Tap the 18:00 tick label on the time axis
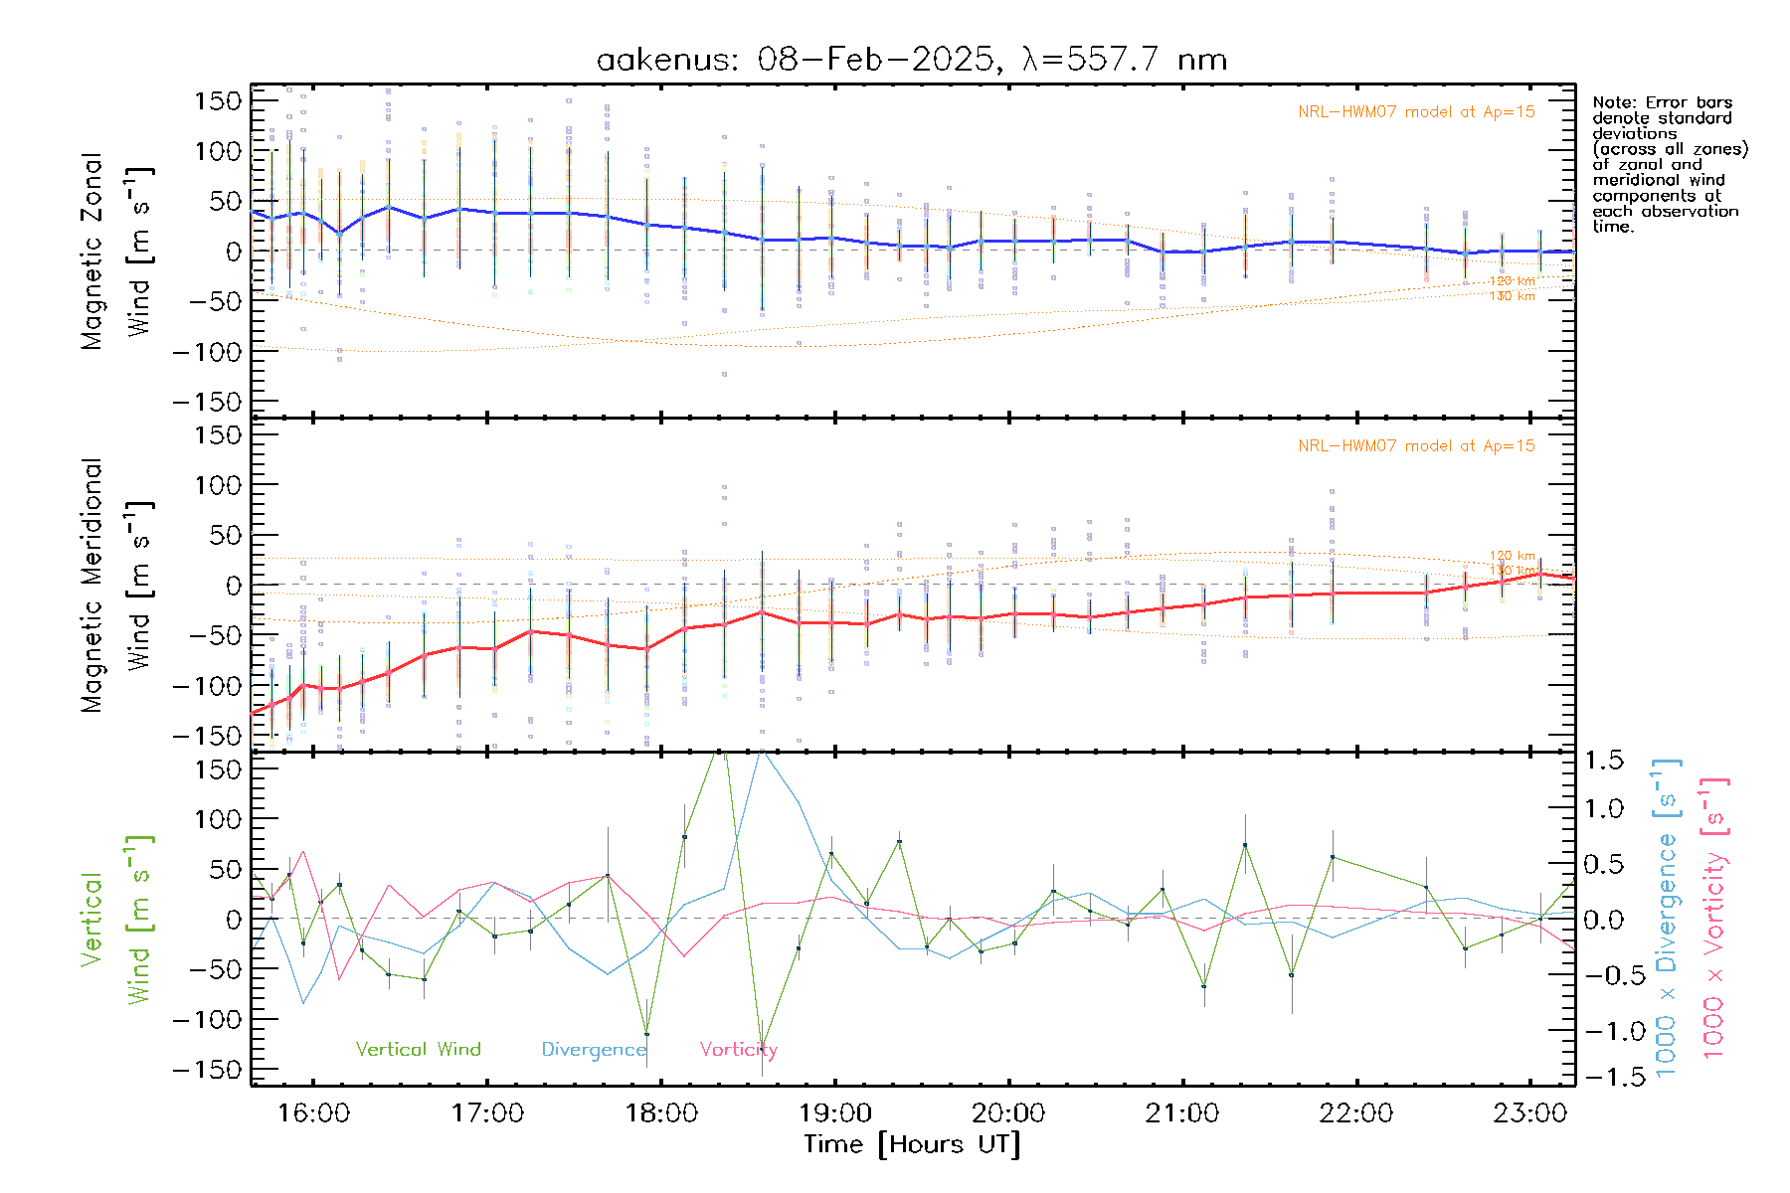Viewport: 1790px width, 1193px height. [x=661, y=1113]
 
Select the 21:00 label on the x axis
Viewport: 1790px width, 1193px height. [x=1182, y=1113]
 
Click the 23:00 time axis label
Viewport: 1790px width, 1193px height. [x=1529, y=1113]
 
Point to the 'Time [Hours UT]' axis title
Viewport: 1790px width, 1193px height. [x=912, y=1144]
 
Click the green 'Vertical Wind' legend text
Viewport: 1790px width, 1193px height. [x=418, y=1050]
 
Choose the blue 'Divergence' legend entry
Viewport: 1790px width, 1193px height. [x=594, y=1050]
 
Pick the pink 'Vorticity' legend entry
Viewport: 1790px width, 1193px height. [x=738, y=1050]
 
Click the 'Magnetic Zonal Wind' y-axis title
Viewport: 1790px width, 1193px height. [x=115, y=252]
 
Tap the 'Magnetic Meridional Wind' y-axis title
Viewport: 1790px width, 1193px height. [x=115, y=586]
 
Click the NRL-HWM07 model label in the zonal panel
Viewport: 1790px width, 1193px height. [x=1416, y=112]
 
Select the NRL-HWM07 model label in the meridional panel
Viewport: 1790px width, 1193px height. [x=1416, y=446]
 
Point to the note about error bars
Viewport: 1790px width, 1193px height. [x=1668, y=164]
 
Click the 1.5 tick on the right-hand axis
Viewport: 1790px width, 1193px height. [x=1603, y=761]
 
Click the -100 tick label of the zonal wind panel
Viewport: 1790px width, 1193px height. [x=207, y=352]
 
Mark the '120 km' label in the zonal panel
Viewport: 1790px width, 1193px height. [x=1512, y=281]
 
